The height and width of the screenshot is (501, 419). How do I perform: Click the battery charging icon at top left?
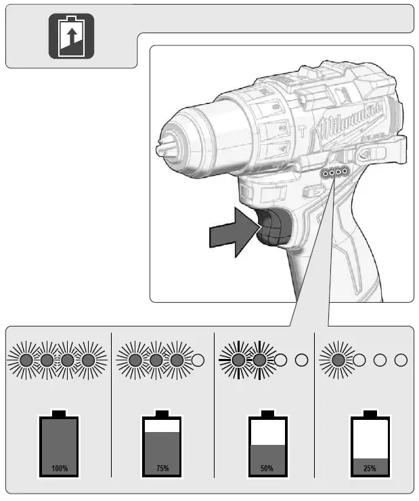coord(71,36)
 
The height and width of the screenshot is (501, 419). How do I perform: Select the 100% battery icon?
coord(60,443)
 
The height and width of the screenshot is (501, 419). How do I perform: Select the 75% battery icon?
coord(162,443)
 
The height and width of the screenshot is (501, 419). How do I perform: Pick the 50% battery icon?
coord(267,443)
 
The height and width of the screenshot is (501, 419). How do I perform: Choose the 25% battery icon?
coord(370,443)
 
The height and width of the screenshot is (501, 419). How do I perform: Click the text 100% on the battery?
coord(60,469)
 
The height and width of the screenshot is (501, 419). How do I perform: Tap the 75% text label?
coord(162,469)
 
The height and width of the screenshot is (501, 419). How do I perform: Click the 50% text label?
coord(267,469)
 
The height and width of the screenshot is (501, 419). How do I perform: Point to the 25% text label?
coord(370,469)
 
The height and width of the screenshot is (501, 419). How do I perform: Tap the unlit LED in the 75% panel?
coord(198,360)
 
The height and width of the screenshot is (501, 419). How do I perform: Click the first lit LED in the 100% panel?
coord(26,360)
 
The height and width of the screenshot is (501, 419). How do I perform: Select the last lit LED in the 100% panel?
coord(88,360)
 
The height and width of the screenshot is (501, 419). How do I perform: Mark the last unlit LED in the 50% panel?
coord(301,360)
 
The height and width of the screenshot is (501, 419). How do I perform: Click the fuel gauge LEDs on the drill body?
coord(336,174)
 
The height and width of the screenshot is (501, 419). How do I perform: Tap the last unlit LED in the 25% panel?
coord(401,360)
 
